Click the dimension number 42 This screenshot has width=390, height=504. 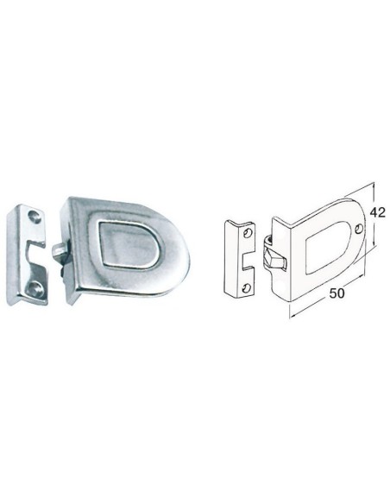tap(377, 212)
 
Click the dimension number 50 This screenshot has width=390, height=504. tap(337, 293)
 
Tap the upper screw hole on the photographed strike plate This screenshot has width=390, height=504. tap(35, 217)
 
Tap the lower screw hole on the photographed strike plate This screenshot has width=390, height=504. tap(34, 287)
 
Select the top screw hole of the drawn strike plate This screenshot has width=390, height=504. tap(248, 232)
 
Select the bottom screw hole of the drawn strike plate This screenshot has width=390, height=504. tap(246, 287)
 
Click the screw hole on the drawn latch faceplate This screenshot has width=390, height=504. tap(359, 228)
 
